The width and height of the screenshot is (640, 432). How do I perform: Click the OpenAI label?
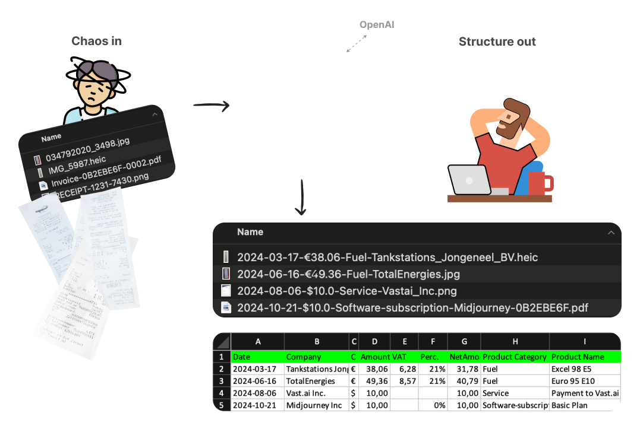376,25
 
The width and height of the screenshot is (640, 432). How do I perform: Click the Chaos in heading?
96,41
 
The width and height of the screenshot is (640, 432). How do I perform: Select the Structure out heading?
497,42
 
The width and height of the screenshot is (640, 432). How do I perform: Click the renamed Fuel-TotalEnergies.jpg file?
348,274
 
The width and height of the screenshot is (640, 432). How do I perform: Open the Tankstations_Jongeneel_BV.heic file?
387,257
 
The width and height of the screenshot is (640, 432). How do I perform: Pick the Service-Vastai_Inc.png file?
346,291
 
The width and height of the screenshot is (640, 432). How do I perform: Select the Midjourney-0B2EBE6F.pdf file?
412,307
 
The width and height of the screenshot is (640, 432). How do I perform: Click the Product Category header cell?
515,357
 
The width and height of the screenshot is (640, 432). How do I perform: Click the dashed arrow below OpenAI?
357,43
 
